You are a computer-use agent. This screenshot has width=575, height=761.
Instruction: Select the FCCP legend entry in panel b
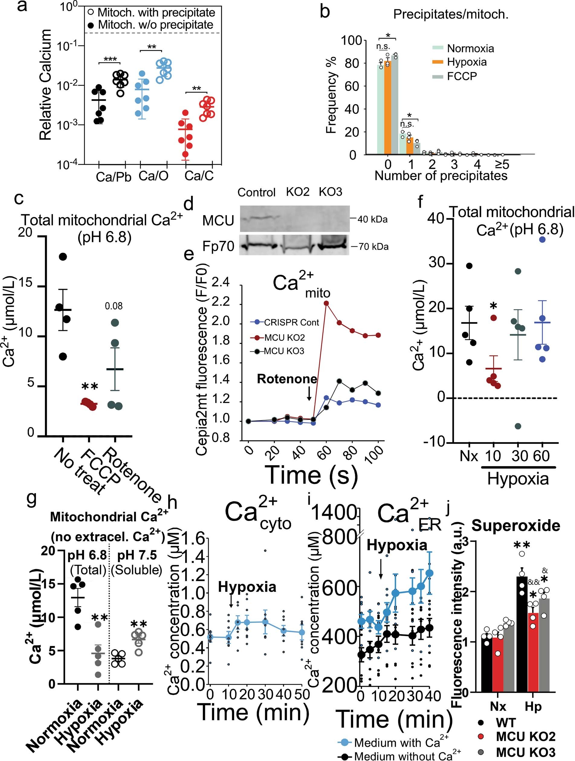461,76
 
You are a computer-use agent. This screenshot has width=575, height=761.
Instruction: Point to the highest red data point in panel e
326,303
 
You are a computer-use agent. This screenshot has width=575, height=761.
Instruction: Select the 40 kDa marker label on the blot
372,219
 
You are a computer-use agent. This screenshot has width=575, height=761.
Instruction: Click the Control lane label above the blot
257,192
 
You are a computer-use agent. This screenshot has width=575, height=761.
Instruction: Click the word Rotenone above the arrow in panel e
287,379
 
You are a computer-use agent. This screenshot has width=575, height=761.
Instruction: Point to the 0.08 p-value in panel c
114,306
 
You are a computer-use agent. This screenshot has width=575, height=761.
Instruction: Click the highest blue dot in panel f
542,240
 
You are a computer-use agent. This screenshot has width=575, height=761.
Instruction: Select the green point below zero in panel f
518,426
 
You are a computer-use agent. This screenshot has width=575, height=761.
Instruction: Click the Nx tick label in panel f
469,456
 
